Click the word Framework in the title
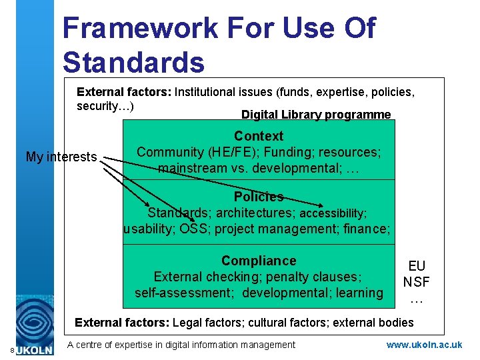click(139, 29)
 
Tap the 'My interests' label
click(61, 157)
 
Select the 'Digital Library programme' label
click(316, 115)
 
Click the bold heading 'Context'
click(259, 136)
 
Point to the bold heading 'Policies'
click(259, 197)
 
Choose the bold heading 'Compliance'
click(259, 261)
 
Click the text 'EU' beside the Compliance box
click(417, 267)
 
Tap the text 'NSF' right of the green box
click(417, 282)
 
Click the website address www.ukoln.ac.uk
click(424, 345)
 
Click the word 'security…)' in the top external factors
click(105, 107)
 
